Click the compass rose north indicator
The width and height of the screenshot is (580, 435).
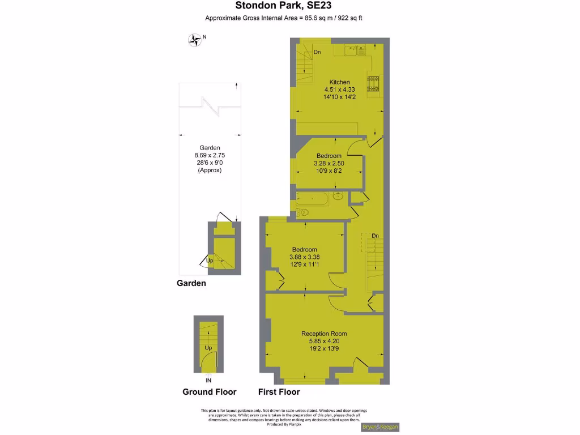tap(195, 40)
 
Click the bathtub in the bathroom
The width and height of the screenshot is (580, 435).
tap(312, 199)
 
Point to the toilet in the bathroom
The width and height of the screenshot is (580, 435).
tap(301, 212)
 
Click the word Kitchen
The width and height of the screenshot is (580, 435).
tap(339, 82)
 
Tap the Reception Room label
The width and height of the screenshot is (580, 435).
tap(324, 334)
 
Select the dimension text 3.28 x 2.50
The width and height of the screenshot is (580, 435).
tap(329, 163)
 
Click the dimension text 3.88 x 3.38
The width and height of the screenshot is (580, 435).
tap(305, 257)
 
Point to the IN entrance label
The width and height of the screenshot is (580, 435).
tap(208, 380)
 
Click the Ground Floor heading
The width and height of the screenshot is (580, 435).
tap(209, 392)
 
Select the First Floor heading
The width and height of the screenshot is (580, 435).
tap(279, 392)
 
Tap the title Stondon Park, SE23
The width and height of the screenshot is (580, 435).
tap(283, 6)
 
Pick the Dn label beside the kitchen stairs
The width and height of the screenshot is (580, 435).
tap(317, 53)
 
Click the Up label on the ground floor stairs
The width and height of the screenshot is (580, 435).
tap(208, 348)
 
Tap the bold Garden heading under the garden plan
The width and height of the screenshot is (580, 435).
tap(191, 283)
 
